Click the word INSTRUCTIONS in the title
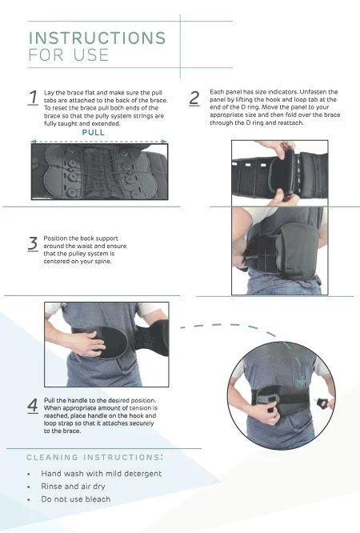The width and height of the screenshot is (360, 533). coord(96,38)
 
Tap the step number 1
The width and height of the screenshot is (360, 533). coord(33,98)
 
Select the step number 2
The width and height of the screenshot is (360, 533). coord(194,98)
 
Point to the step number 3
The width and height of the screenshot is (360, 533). coord(33,244)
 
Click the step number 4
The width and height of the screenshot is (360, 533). coord(33,405)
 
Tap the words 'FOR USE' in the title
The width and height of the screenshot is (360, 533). coord(61,55)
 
